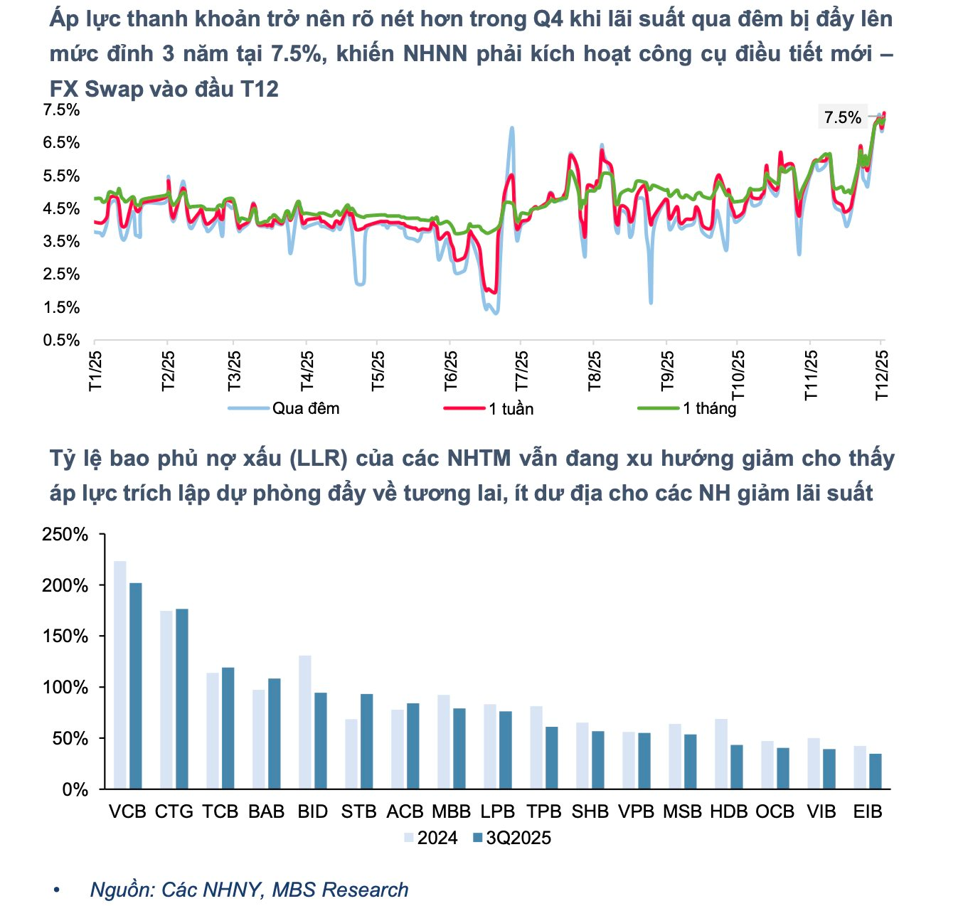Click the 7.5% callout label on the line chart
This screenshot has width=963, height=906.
[843, 117]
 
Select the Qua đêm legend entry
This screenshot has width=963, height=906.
[305, 408]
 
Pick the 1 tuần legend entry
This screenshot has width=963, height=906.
[511, 409]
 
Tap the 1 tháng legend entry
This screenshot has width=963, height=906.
[708, 408]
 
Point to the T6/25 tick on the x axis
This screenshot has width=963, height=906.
[451, 370]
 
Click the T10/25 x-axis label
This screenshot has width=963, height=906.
[738, 374]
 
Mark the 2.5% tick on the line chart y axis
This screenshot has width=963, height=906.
[61, 275]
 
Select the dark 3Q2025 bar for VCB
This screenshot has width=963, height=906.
[135, 686]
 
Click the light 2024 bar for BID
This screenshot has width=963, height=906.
[305, 722]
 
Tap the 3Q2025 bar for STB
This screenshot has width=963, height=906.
[366, 741]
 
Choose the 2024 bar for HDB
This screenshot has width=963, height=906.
[721, 754]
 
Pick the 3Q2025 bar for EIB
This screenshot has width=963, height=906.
[876, 771]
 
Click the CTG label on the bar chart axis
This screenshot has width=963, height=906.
[174, 811]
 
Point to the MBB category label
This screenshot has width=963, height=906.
[451, 811]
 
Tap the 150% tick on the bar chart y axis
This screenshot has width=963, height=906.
[65, 636]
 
